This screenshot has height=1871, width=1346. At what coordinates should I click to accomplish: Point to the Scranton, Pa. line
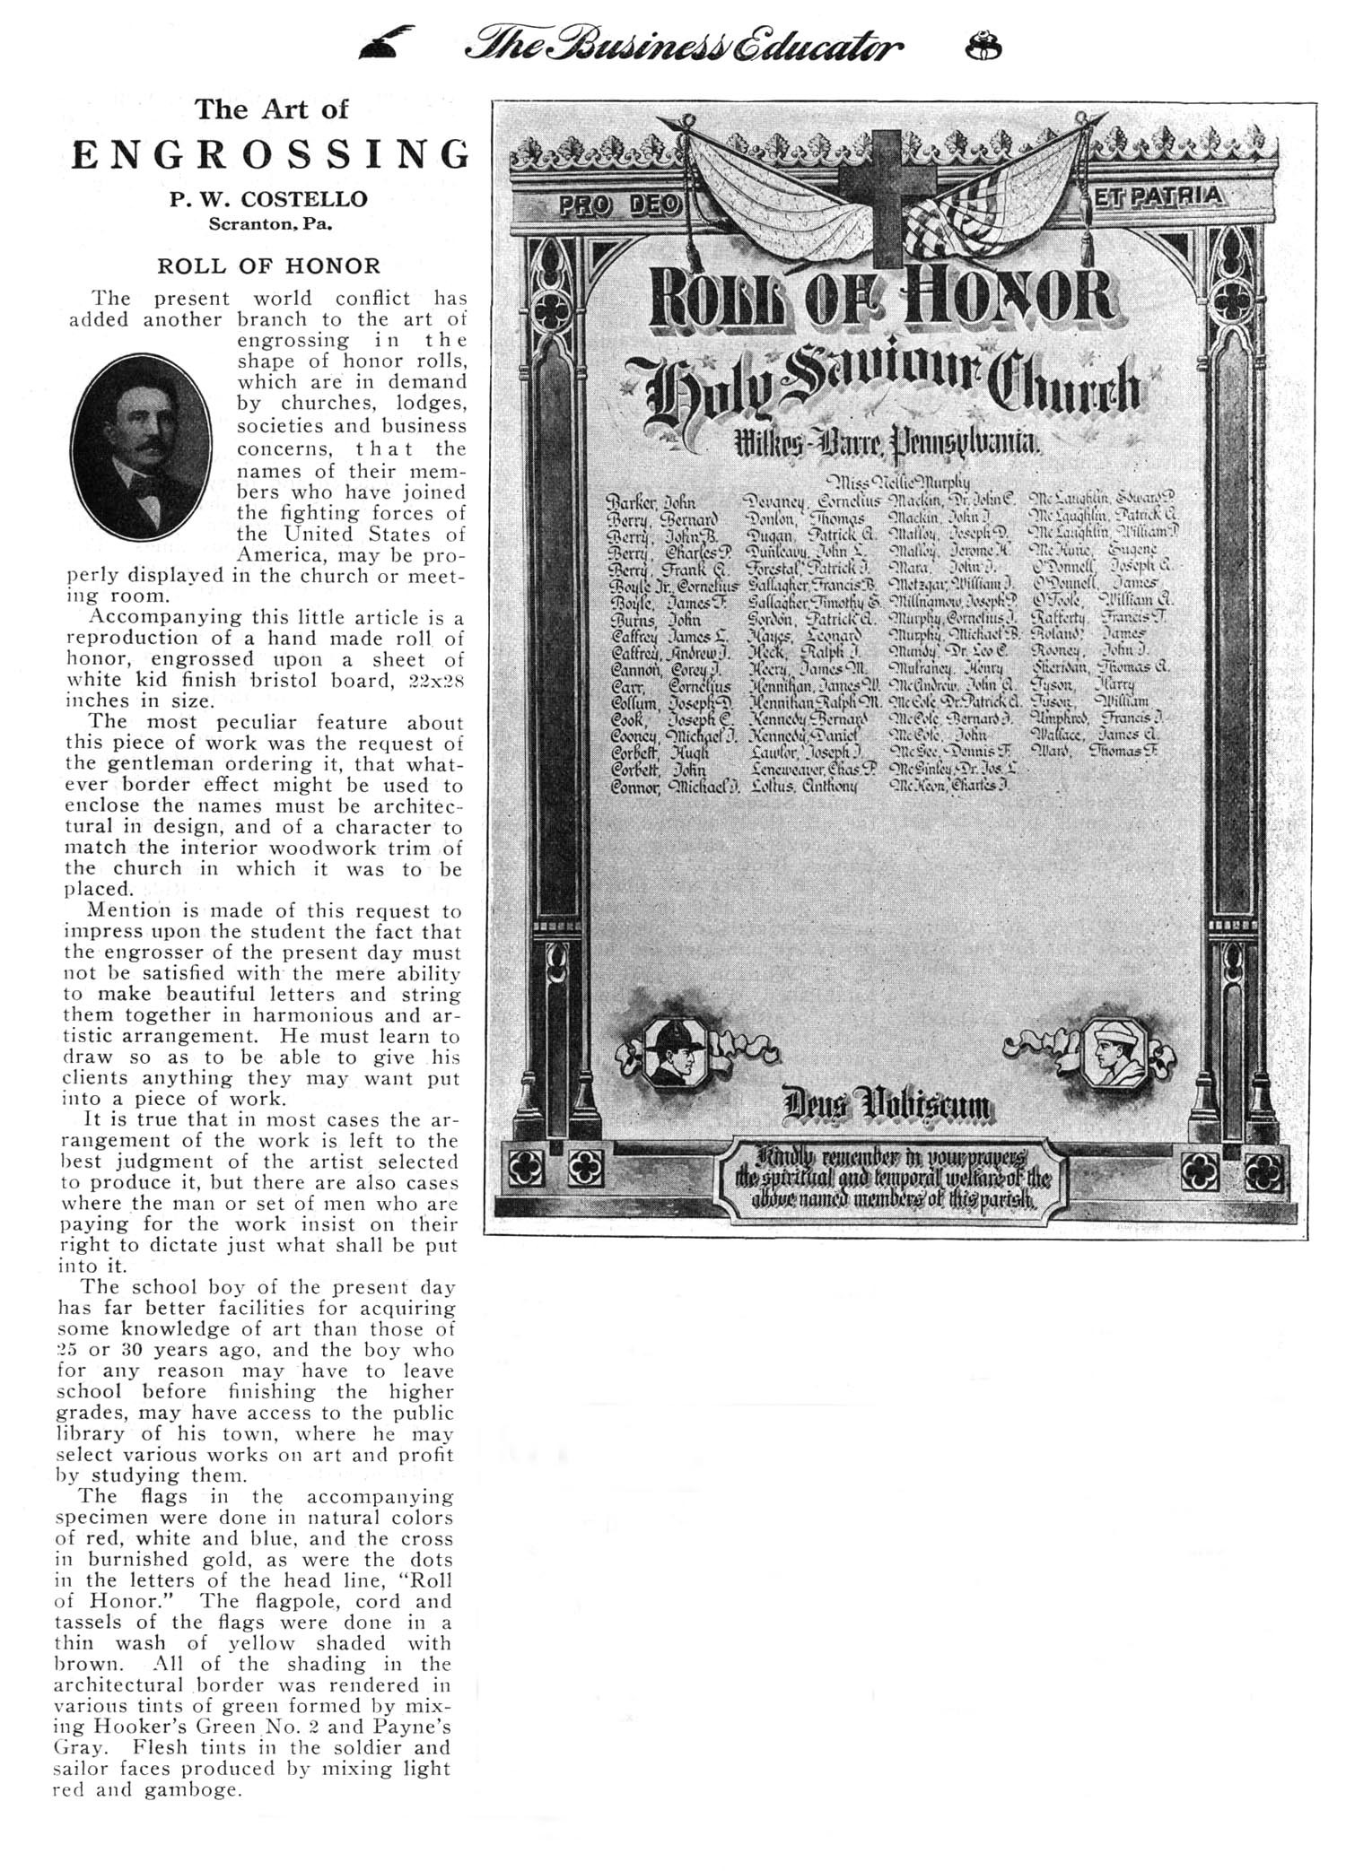coord(270,223)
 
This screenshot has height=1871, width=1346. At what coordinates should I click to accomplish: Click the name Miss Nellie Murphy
coord(890,483)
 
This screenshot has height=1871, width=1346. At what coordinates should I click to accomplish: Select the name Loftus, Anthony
coord(801,786)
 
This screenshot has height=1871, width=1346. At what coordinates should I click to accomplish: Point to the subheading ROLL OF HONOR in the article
coord(269,265)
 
